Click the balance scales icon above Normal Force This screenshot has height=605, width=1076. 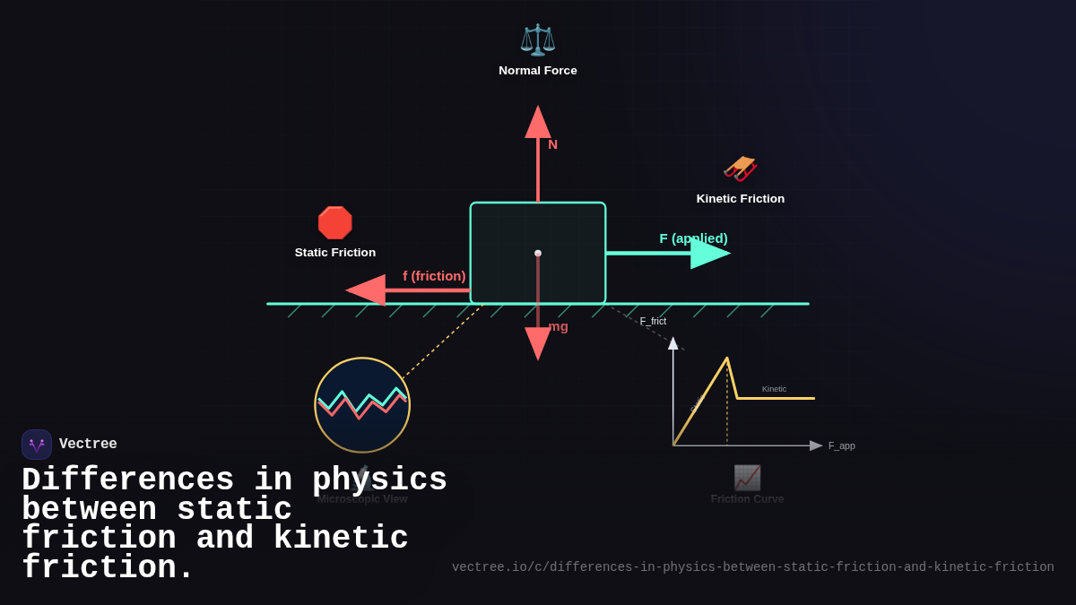pos(538,40)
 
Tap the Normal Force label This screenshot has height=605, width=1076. pos(538,71)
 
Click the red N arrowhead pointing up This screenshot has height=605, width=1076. pos(538,122)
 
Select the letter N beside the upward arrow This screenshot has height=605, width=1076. pos(552,144)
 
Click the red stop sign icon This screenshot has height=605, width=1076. pos(334,223)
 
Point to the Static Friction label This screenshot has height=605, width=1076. pos(335,253)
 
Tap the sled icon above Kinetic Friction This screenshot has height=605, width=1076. pos(741,168)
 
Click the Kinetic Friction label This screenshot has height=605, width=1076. pos(741,199)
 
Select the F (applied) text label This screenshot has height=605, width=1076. pos(693,238)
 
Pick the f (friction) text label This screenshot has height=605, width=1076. pos(434,276)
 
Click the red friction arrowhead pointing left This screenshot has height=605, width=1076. pos(366,290)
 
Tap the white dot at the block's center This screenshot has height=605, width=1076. pos(538,254)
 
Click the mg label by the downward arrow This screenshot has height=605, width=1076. pos(558,326)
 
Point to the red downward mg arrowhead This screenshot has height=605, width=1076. pos(538,343)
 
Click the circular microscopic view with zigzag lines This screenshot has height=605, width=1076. pos(362,405)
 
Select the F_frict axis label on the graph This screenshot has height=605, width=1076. pos(653,321)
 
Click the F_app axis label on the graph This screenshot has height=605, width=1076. pos(841,445)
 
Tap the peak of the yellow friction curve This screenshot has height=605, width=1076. pos(727,359)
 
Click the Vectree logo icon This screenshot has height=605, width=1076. pos(37,445)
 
